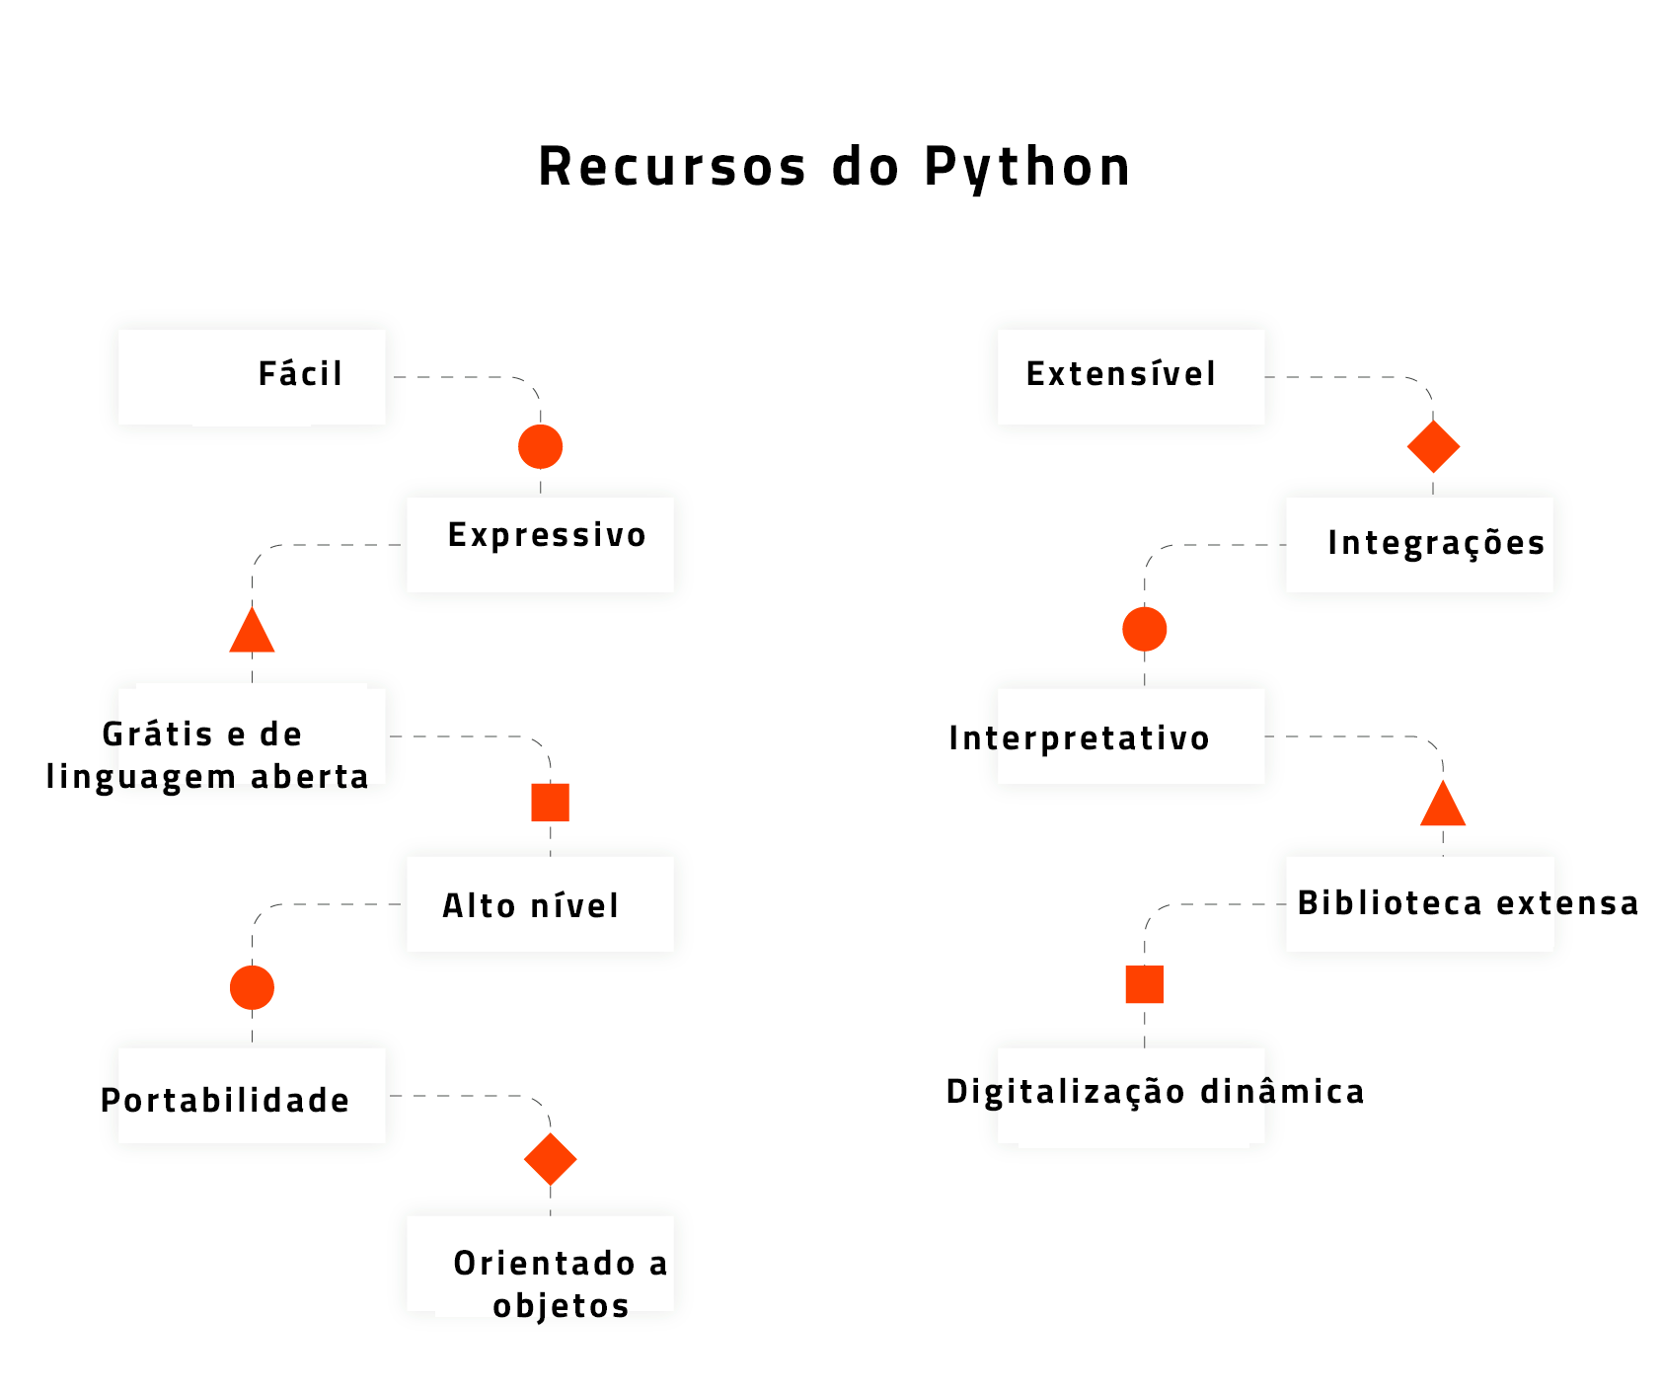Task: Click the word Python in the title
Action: tap(1026, 167)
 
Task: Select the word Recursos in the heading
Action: tap(672, 167)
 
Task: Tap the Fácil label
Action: tap(300, 374)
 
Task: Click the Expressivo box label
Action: tap(547, 535)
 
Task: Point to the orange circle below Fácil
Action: tap(540, 447)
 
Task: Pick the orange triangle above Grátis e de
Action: tap(252, 632)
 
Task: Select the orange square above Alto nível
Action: tap(550, 802)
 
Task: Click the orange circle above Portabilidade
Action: tap(252, 987)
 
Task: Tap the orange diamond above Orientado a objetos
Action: tap(550, 1159)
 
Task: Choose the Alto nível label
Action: tap(530, 905)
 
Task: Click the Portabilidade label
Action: tap(225, 1101)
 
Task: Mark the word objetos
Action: tap(561, 1306)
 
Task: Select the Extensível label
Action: tap(1121, 374)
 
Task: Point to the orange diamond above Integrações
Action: tap(1433, 446)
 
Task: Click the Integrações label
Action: tap(1436, 543)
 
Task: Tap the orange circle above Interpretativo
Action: tap(1144, 629)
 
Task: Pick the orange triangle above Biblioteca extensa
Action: tap(1442, 806)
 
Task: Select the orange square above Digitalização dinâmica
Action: tap(1144, 984)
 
